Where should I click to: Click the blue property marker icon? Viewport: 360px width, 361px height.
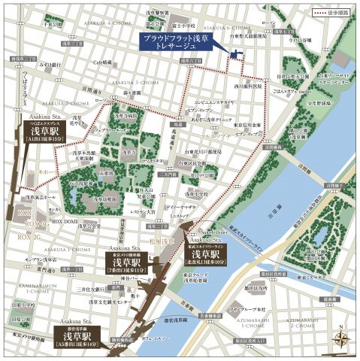(237, 53)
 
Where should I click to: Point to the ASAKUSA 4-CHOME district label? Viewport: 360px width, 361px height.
(110, 23)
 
